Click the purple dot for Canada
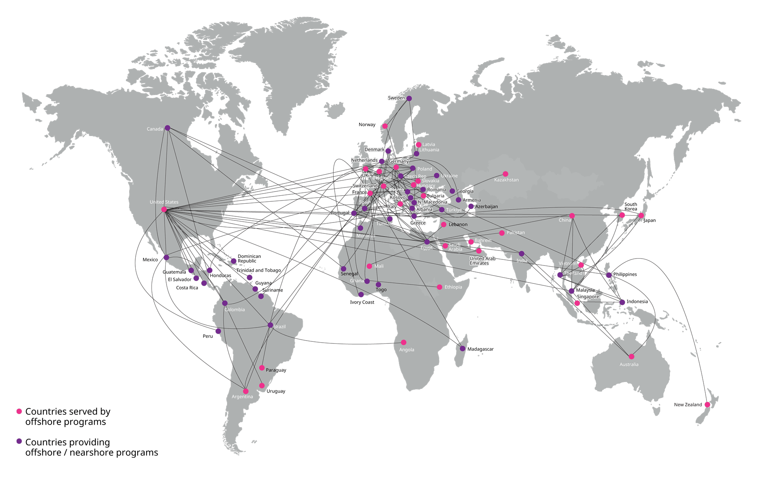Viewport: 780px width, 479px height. pyautogui.click(x=167, y=128)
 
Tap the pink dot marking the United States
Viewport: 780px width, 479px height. pyautogui.click(x=164, y=209)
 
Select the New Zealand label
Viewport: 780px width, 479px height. pyautogui.click(x=688, y=405)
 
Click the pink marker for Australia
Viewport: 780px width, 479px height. pyautogui.click(x=631, y=357)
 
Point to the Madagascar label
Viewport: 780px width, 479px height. pyautogui.click(x=480, y=349)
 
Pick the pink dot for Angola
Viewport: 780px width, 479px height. pyautogui.click(x=403, y=343)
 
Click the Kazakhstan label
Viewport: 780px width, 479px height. pyautogui.click(x=506, y=180)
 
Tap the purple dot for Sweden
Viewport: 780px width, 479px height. pyautogui.click(x=409, y=98)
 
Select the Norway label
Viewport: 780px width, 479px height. pyautogui.click(x=367, y=125)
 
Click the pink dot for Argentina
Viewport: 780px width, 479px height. pyautogui.click(x=246, y=391)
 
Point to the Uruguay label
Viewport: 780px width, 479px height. pyautogui.click(x=276, y=391)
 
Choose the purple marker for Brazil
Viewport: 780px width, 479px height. pyautogui.click(x=271, y=325)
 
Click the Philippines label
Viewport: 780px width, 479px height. pyautogui.click(x=625, y=274)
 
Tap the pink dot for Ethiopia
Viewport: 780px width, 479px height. pyautogui.click(x=440, y=287)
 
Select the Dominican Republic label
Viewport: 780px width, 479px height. pyautogui.click(x=249, y=259)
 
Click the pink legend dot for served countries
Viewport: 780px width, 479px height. pyautogui.click(x=19, y=412)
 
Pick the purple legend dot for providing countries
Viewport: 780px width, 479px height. pyautogui.click(x=19, y=441)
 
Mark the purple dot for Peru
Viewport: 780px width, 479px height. pyautogui.click(x=218, y=332)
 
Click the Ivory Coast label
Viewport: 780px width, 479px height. pyautogui.click(x=362, y=302)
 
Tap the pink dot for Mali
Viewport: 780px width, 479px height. pyautogui.click(x=369, y=266)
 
